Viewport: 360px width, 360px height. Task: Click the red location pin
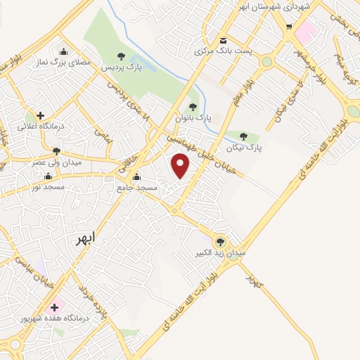click(x=181, y=166)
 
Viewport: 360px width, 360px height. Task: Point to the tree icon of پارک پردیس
click(x=122, y=56)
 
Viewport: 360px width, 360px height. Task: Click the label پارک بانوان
click(x=193, y=117)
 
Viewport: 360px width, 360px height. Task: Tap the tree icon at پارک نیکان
click(x=243, y=136)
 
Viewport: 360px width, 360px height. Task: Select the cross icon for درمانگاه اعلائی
click(x=40, y=115)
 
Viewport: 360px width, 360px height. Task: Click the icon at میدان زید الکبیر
click(x=220, y=240)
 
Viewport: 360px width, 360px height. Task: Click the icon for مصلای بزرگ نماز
click(x=64, y=51)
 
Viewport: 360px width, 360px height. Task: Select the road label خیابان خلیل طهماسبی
click(x=208, y=156)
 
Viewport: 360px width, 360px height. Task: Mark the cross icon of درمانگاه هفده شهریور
click(x=53, y=308)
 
